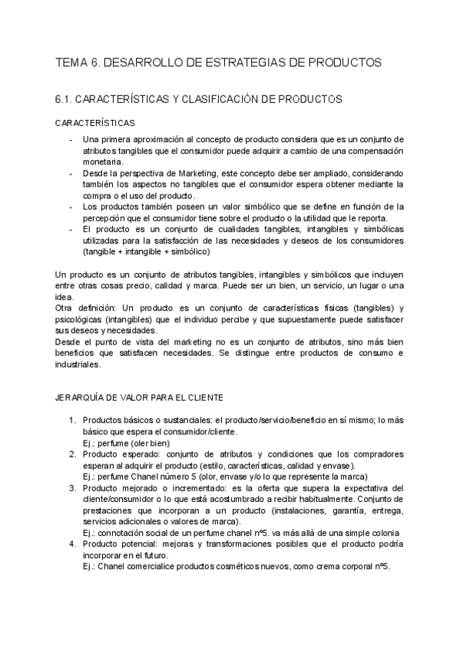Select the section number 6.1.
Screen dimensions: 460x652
[65, 99]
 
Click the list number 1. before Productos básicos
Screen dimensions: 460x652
[73, 421]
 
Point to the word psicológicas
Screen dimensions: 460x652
[81, 320]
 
